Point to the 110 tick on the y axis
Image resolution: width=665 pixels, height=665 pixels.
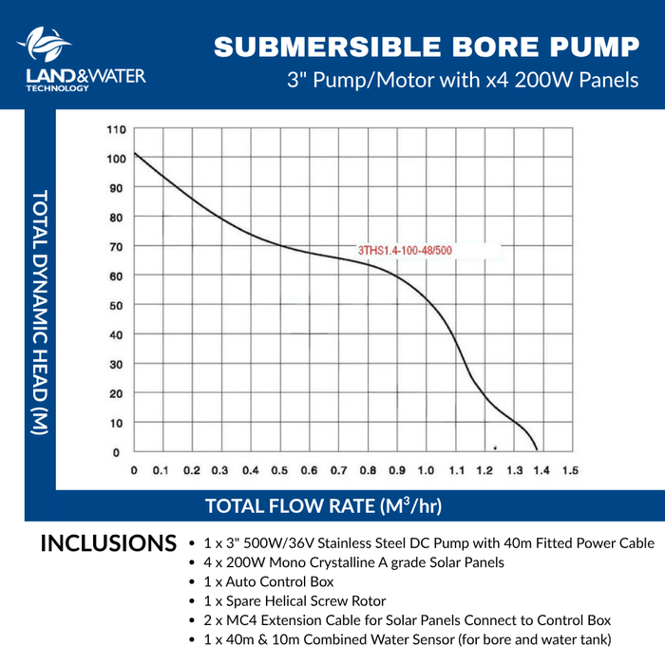(115, 129)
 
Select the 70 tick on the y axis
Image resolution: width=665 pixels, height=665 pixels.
(115, 247)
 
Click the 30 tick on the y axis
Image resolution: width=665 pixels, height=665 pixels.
(115, 365)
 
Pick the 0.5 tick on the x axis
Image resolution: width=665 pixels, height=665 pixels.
(280, 470)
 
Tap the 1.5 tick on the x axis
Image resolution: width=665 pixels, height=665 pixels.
(571, 470)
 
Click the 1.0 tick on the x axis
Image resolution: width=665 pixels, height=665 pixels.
(426, 470)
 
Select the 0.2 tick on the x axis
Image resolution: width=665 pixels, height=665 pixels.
(193, 470)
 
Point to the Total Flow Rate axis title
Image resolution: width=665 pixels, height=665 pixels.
(323, 504)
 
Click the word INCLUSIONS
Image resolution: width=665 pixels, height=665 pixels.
(108, 544)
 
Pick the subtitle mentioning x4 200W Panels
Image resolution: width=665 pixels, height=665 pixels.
(463, 80)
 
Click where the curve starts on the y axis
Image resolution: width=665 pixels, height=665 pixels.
(135, 153)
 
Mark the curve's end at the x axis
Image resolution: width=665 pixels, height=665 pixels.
(537, 450)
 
